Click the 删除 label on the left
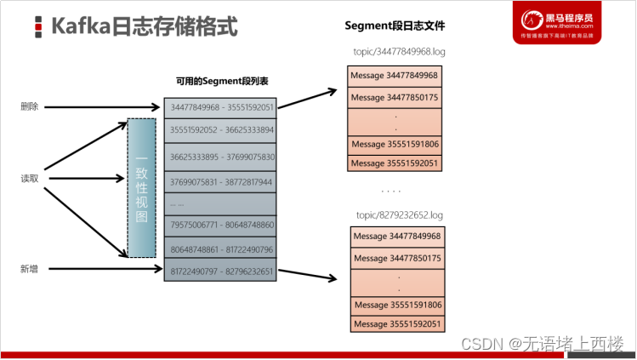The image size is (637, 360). coord(30,107)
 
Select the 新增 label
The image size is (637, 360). coord(30,270)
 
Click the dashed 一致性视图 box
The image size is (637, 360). coord(141,187)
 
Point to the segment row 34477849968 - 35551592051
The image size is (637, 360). coord(221,107)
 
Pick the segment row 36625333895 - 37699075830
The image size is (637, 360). coord(221,157)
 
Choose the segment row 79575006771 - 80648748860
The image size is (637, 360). coord(221,225)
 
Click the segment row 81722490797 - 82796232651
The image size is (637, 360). coord(221,271)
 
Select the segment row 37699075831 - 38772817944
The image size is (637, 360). coord(221,181)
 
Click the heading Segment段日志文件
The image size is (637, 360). coord(395,26)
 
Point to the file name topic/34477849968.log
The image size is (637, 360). coord(399,52)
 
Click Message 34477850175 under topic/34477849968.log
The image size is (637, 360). coord(395,97)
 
